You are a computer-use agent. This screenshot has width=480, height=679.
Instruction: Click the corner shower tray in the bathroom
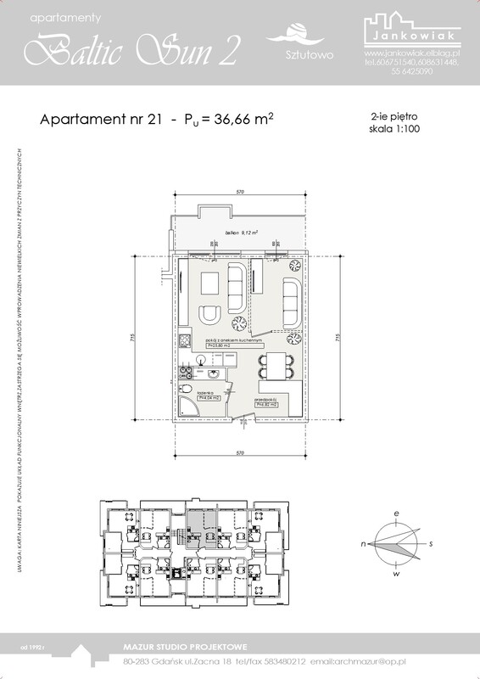click(x=192, y=409)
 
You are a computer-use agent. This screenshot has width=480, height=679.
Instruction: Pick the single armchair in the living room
click(x=209, y=315)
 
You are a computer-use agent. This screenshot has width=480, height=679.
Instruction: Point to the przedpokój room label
click(x=268, y=402)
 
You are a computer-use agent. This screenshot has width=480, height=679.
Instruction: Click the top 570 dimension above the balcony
click(x=241, y=194)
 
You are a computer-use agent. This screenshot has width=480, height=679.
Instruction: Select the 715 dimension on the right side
click(x=338, y=337)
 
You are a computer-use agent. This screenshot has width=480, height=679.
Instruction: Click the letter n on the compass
click(x=364, y=542)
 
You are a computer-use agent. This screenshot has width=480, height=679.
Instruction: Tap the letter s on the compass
click(x=431, y=542)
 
